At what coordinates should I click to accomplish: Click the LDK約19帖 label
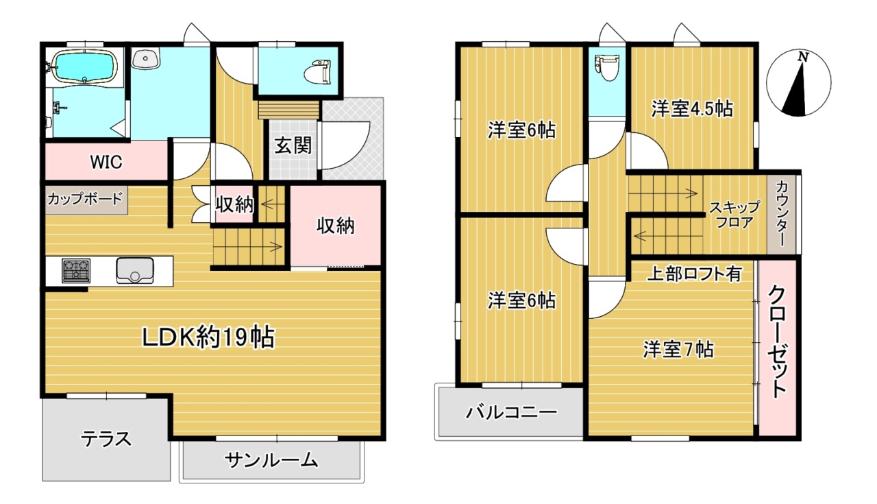[x=208, y=337]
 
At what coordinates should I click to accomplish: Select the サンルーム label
[x=271, y=460]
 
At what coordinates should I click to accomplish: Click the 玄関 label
[x=294, y=145]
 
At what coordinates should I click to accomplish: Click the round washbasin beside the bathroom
[x=145, y=60]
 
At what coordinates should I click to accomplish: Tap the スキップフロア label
[x=734, y=214]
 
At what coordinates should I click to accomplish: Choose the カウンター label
[x=781, y=213]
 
